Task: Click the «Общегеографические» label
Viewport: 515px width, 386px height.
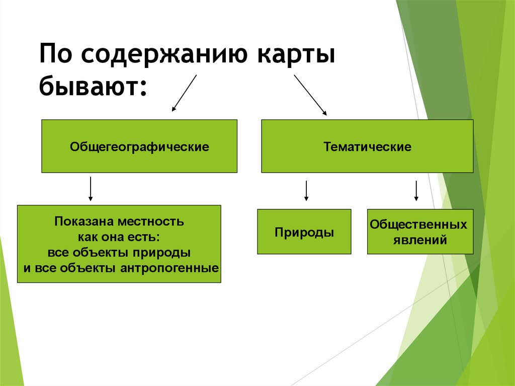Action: click(139, 147)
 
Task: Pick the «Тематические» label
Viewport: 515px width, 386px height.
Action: click(367, 147)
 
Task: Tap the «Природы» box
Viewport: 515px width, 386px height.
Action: click(304, 232)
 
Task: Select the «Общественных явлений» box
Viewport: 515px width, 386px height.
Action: click(420, 231)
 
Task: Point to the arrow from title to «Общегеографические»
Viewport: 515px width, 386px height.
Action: click(184, 93)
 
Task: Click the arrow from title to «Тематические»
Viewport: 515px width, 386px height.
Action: click(310, 95)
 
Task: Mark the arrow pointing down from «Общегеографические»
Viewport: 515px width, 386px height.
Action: click(91, 189)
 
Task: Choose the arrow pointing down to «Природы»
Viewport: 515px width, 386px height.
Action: click(306, 191)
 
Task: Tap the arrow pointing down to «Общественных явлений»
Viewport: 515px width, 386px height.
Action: click(416, 191)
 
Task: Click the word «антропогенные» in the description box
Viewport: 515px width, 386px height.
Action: click(169, 268)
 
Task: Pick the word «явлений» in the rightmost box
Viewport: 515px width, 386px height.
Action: click(420, 240)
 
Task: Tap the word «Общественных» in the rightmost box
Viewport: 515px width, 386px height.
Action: click(418, 224)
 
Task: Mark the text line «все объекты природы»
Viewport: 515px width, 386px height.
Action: click(119, 252)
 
